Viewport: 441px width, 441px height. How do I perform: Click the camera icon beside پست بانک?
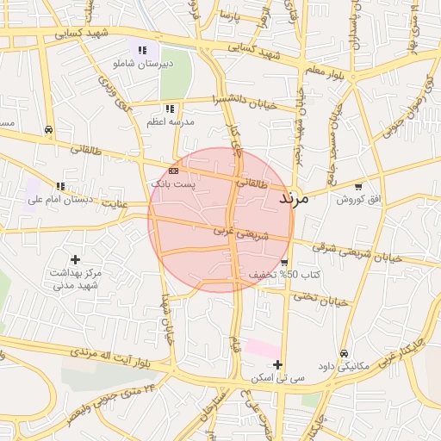(173, 172)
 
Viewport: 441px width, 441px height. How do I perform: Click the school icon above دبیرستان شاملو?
(142, 50)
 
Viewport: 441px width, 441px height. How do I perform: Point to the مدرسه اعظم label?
(170, 122)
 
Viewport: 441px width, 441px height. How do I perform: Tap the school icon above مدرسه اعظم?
(170, 109)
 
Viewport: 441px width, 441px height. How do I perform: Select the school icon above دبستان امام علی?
(59, 186)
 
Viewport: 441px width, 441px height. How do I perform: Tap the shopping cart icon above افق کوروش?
(358, 185)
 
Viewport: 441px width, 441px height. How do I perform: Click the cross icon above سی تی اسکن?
(277, 364)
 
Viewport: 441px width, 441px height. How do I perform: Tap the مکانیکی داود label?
(344, 365)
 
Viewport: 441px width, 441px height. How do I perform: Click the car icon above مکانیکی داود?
(344, 353)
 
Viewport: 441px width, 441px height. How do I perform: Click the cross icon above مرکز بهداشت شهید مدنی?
(76, 258)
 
